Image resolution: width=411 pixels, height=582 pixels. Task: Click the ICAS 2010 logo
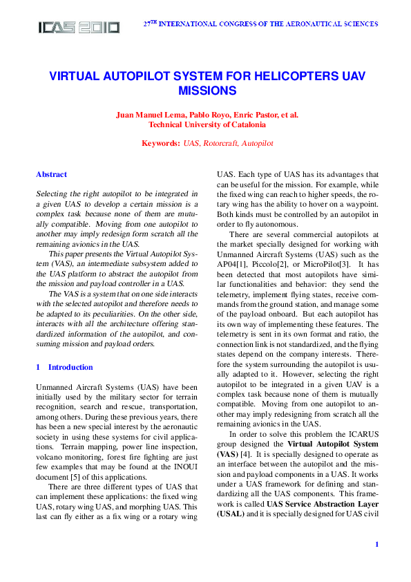(x=79, y=28)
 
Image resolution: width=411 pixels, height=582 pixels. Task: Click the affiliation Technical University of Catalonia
(x=207, y=125)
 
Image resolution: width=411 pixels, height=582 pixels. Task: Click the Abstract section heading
(x=51, y=175)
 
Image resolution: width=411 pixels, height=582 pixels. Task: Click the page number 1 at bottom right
(x=376, y=565)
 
